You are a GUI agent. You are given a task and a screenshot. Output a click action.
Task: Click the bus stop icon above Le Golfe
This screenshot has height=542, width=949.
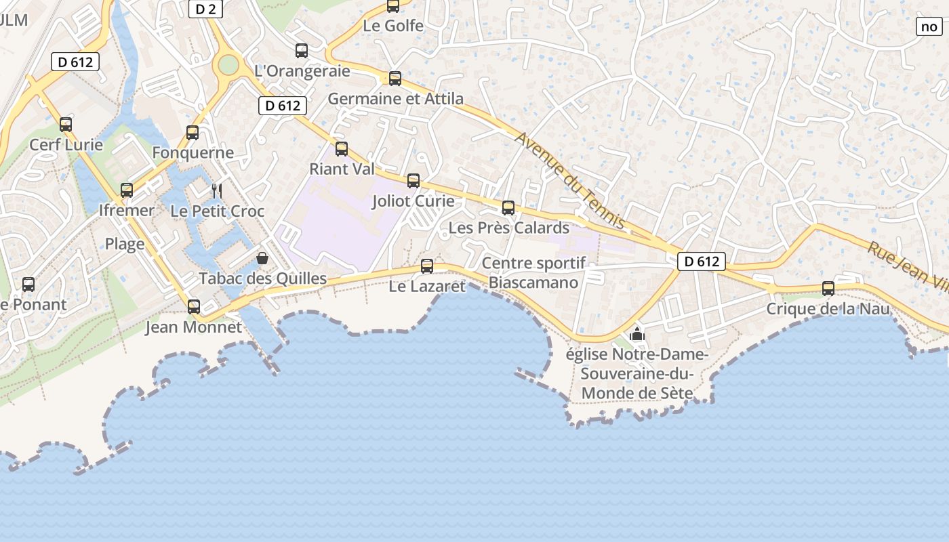393,6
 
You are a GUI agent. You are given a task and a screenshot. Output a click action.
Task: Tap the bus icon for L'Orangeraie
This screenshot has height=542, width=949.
302,50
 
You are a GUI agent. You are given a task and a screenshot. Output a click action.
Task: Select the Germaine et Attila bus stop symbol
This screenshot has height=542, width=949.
395,79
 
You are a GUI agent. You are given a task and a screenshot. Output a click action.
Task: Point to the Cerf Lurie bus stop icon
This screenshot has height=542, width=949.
66,125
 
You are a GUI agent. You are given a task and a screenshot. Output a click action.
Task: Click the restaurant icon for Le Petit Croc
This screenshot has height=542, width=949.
217,190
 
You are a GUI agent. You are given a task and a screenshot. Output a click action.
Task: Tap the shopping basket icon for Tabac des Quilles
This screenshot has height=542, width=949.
262,258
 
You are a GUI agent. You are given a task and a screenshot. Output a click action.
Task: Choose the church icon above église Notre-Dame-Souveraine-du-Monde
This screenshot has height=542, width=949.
637,333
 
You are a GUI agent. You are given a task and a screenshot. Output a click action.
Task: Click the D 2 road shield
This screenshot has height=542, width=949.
205,9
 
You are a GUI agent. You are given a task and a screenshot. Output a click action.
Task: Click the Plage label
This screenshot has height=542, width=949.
125,244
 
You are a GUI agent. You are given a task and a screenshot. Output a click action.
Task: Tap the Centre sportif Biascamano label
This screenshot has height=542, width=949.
533,273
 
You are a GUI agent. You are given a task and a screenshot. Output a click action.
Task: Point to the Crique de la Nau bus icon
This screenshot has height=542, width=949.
828,289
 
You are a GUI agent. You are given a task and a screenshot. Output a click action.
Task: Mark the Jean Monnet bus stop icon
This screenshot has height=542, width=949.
194,307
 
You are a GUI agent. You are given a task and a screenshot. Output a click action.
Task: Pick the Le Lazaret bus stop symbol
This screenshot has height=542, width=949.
427,266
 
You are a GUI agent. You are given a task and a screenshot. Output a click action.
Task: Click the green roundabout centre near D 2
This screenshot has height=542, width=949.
228,66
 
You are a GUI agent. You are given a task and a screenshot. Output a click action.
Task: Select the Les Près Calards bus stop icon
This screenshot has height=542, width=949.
508,208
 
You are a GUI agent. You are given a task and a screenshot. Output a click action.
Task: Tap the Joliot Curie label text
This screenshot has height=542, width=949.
413,201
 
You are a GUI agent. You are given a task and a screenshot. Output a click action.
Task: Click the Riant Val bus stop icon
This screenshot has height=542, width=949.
342,149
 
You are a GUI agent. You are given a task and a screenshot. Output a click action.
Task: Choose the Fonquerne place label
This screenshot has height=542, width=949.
193,152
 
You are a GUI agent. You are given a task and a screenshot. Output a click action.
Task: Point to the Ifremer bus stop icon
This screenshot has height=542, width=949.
127,190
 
